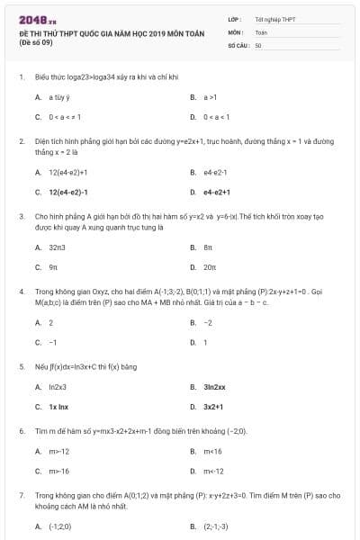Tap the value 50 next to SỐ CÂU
(x=258, y=44)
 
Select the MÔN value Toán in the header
(x=261, y=31)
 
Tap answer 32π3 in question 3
(x=58, y=247)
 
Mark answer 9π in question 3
(x=53, y=267)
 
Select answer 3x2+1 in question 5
(x=213, y=407)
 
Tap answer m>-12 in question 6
(x=59, y=451)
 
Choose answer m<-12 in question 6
(x=213, y=471)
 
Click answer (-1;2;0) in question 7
(x=60, y=526)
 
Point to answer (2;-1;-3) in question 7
(x=216, y=526)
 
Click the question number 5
(x=21, y=367)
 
